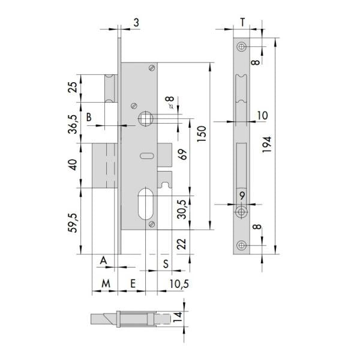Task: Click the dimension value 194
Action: tap(267, 145)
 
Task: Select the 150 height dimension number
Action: tap(202, 134)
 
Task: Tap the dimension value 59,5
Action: tap(74, 223)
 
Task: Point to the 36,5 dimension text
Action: tap(74, 124)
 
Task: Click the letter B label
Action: tap(89, 117)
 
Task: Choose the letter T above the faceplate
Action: tap(242, 23)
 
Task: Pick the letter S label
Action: tap(166, 264)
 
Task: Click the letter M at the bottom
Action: tap(106, 284)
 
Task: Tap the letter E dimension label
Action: tap(133, 284)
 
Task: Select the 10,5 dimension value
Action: tap(179, 284)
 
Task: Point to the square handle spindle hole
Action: tap(146, 118)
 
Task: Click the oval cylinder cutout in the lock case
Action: tap(146, 204)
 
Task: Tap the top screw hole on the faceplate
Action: tap(241, 47)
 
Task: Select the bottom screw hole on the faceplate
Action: tap(241, 245)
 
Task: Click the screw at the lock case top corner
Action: tap(152, 68)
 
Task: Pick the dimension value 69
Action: tap(183, 154)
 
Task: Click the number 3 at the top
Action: tap(136, 23)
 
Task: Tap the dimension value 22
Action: tap(182, 244)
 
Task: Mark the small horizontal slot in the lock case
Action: tap(147, 156)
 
